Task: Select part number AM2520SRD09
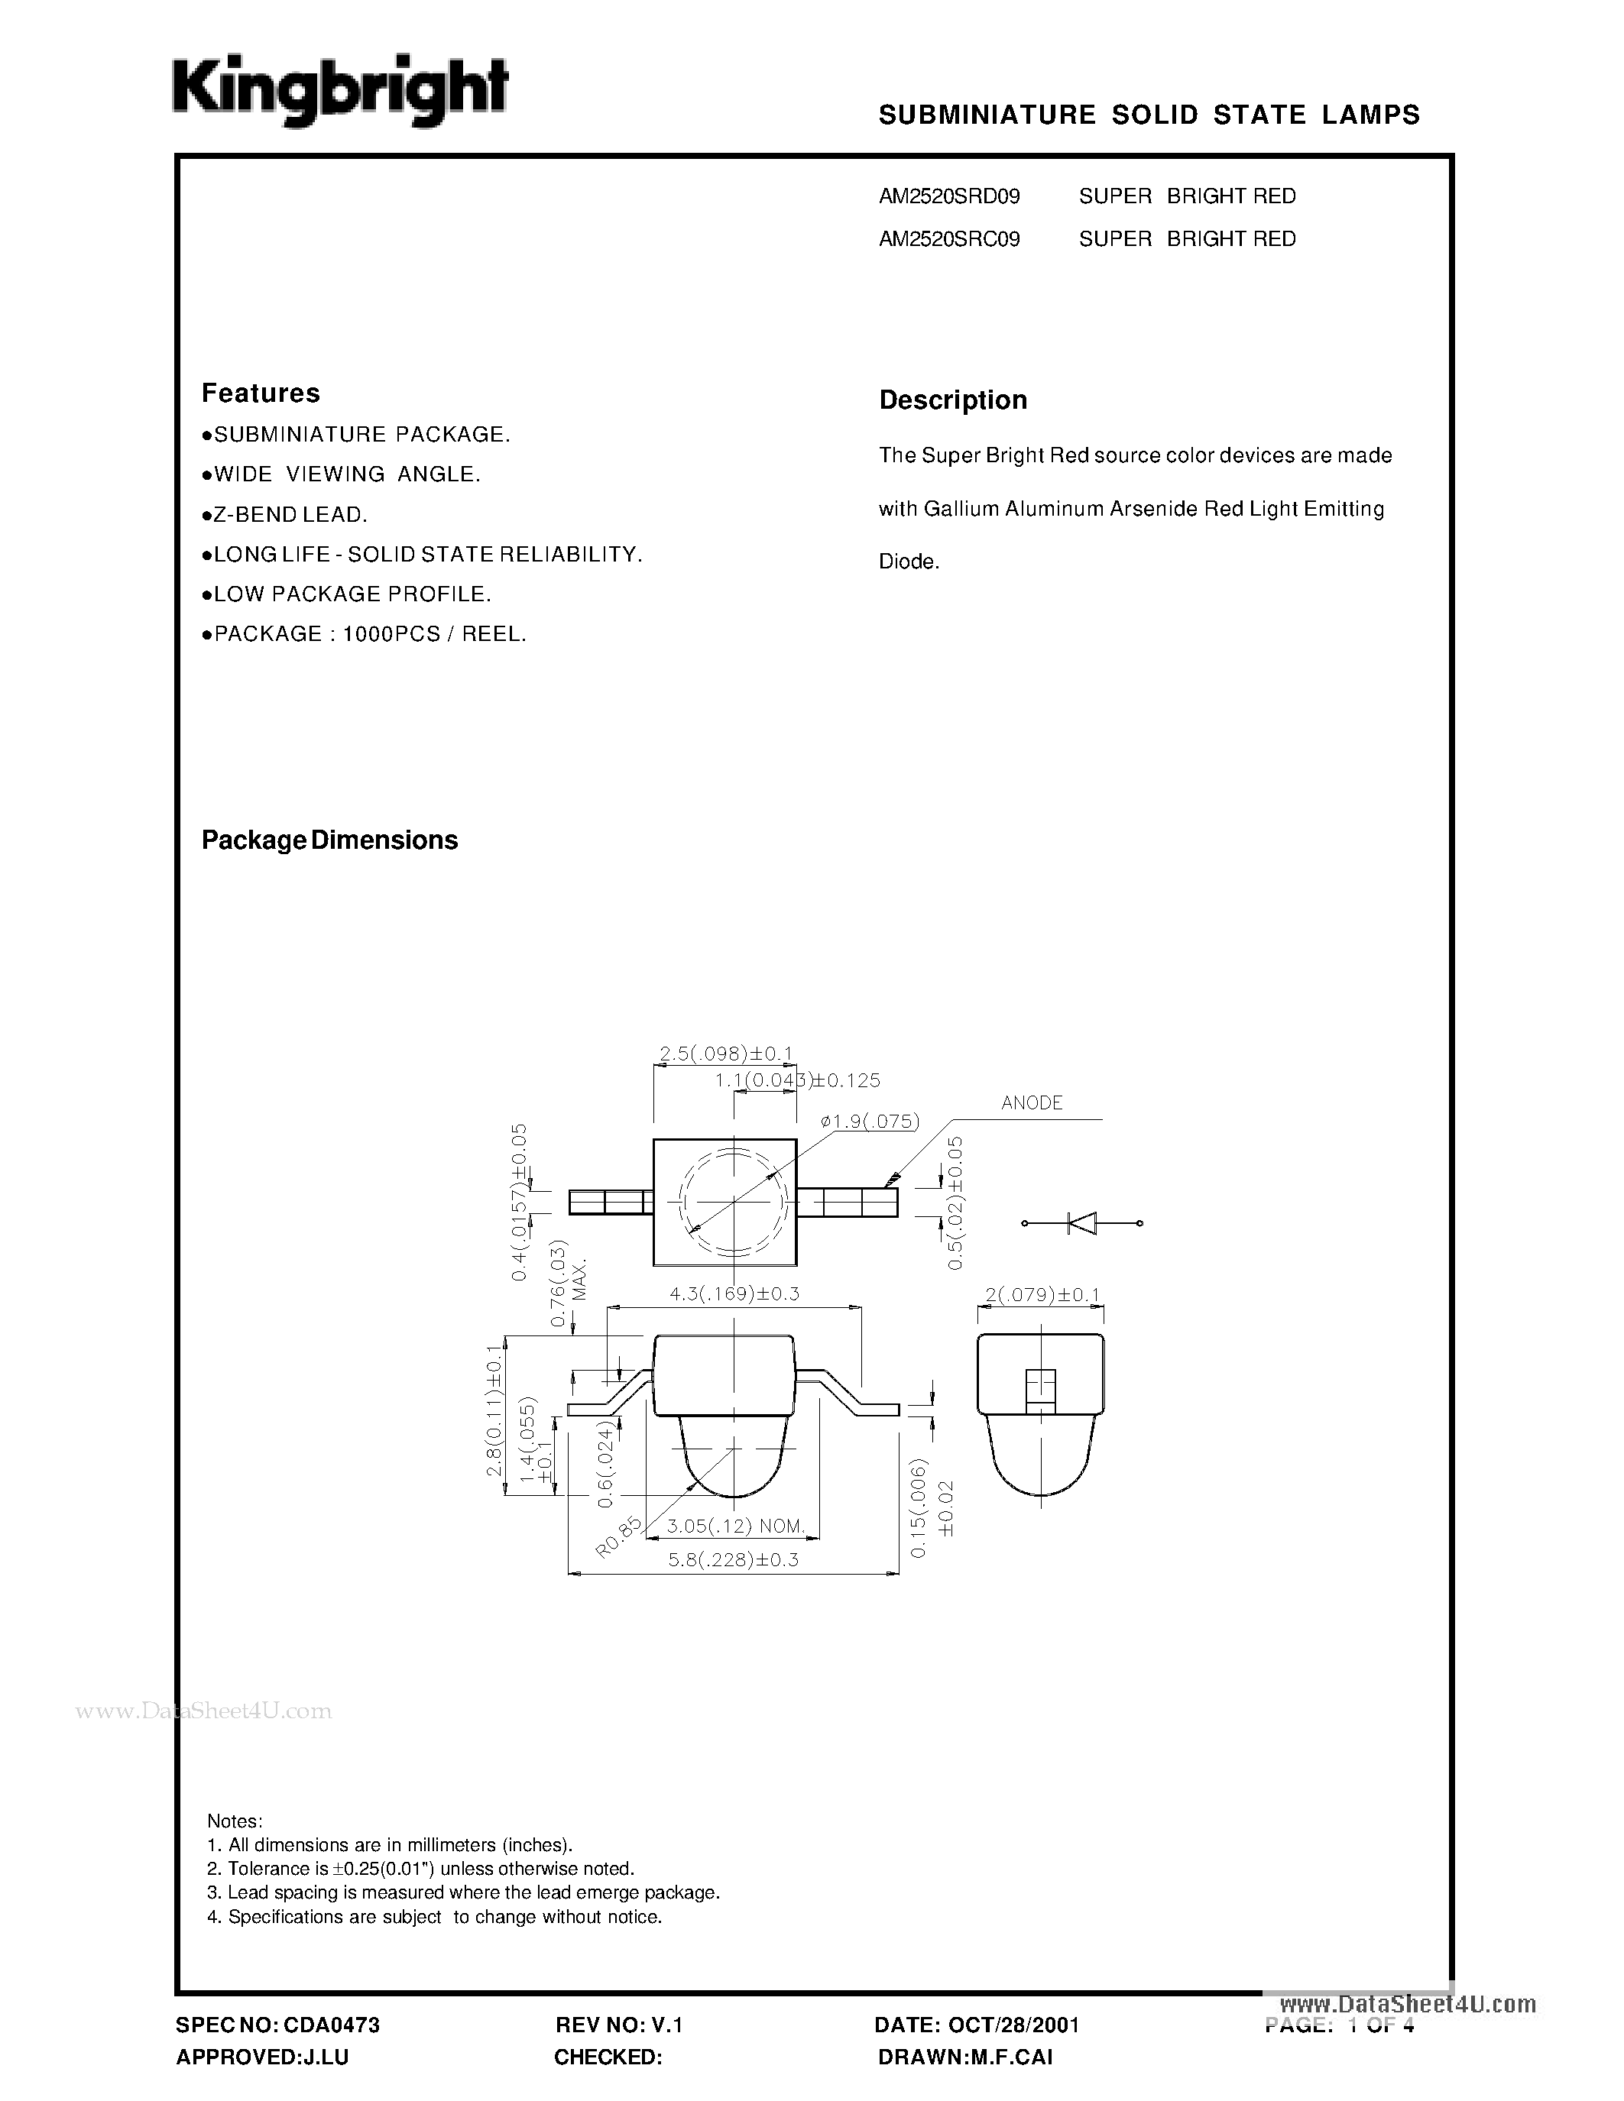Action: [x=948, y=196]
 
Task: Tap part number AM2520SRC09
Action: [x=948, y=238]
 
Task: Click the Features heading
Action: [x=260, y=393]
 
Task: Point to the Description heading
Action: [x=952, y=400]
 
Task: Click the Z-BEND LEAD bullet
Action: [x=285, y=515]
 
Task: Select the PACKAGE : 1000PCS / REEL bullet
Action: [x=365, y=634]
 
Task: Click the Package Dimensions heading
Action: [x=329, y=840]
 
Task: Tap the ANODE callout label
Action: [x=1032, y=1103]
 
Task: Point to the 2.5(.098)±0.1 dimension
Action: [x=725, y=1054]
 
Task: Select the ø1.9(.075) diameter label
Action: [x=870, y=1121]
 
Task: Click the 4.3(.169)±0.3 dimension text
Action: [x=734, y=1294]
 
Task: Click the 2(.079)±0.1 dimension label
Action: [x=1041, y=1295]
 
